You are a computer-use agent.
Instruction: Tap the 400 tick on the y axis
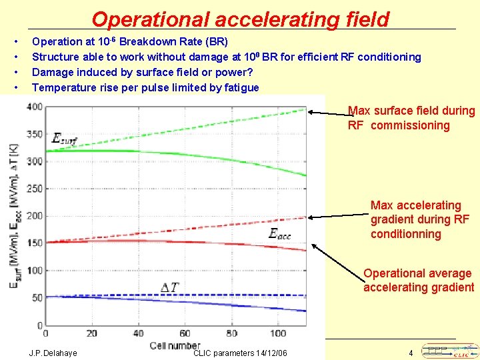pos(34,107)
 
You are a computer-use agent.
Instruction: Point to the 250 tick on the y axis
pos(34,189)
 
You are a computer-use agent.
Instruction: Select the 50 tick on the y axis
pos(36,298)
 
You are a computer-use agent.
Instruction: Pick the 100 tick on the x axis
pos(279,333)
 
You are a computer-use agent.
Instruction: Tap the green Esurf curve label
pos(65,139)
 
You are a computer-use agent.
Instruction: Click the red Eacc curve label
pos(279,233)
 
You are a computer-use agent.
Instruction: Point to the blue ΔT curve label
pos(170,287)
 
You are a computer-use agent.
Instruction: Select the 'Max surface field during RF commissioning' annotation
pos(411,118)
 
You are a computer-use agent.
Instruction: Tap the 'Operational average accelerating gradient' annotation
pos(418,280)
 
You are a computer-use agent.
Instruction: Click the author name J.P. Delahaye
pos(53,353)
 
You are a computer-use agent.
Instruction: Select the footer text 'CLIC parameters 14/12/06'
pos(240,353)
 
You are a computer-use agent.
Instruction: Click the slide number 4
pos(411,353)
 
